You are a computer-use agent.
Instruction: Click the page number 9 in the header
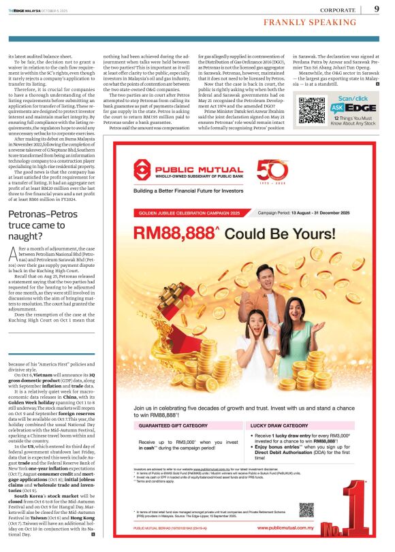tap(377, 9)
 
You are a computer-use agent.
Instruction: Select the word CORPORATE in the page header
tap(339, 10)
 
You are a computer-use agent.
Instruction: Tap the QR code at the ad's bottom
tap(306, 510)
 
